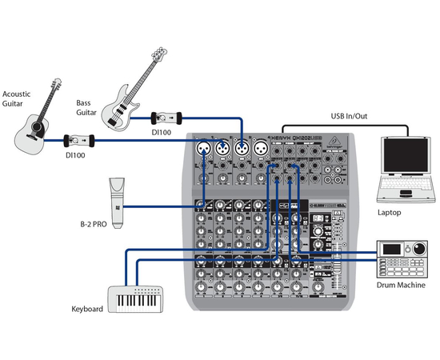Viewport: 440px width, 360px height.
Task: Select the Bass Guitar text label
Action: pyautogui.click(x=87, y=108)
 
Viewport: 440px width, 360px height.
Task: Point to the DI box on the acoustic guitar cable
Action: pyautogui.click(x=81, y=141)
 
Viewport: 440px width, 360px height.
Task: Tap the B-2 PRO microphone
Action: pyautogui.click(x=116, y=203)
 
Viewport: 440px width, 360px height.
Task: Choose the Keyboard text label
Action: pyautogui.click(x=87, y=308)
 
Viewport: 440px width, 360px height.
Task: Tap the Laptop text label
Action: pyautogui.click(x=390, y=213)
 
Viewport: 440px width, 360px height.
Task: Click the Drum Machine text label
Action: pyautogui.click(x=401, y=285)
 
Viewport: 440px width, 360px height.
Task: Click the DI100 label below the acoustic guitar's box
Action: pyautogui.click(x=77, y=156)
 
